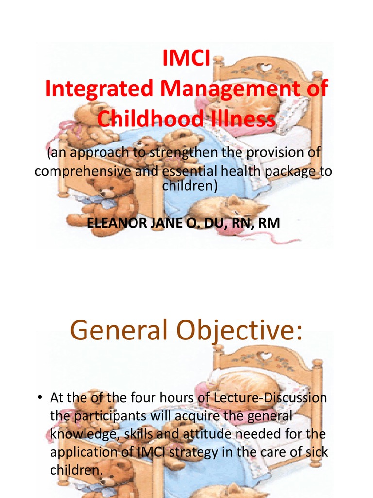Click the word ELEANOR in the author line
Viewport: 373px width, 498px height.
point(113,223)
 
